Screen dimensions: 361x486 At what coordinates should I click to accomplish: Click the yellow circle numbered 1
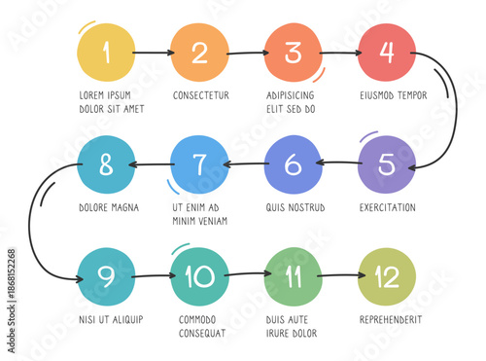(106, 53)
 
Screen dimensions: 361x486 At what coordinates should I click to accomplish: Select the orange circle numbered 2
(199, 53)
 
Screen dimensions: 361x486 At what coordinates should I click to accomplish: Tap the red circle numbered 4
(387, 53)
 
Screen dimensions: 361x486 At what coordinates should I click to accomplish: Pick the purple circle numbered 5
(387, 164)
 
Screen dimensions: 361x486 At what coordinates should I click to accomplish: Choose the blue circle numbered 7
(199, 164)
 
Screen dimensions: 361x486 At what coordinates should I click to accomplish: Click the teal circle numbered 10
(199, 277)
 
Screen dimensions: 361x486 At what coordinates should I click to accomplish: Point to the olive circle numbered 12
(387, 277)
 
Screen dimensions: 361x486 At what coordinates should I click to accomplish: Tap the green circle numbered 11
(294, 277)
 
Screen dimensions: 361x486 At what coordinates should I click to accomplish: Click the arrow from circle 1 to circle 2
(153, 53)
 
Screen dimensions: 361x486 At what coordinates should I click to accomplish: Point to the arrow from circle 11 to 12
(340, 276)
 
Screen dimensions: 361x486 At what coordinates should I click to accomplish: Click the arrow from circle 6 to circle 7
(247, 163)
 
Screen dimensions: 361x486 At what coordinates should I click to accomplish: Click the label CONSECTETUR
(201, 95)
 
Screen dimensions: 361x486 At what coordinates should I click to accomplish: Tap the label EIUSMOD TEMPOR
(393, 95)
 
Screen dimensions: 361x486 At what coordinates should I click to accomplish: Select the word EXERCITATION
(387, 207)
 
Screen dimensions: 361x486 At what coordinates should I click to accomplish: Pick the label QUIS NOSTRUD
(295, 207)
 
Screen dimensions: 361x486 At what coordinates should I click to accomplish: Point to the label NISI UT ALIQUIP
(111, 319)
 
